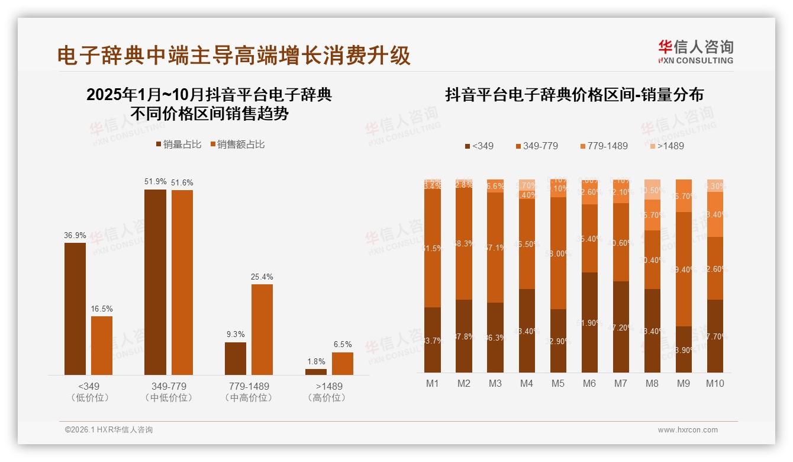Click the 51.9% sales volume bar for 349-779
[x=156, y=282]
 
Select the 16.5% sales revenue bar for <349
[x=102, y=345]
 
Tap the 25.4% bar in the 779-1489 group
[x=262, y=329]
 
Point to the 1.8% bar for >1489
[x=316, y=371]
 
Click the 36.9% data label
[x=75, y=235]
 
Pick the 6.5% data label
[x=342, y=344]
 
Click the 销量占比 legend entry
[x=178, y=145]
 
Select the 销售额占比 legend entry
[x=237, y=145]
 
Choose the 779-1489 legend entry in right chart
[x=603, y=146]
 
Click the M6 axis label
[x=589, y=383]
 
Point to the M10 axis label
[x=715, y=383]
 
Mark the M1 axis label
[x=433, y=383]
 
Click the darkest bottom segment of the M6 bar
[x=589, y=322]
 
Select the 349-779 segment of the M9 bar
[x=684, y=269]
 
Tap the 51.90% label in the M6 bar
[x=589, y=323]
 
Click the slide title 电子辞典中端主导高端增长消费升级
[x=234, y=56]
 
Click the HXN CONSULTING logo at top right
[x=695, y=52]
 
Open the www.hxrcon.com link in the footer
[x=688, y=430]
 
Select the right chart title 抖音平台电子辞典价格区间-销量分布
[x=574, y=95]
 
